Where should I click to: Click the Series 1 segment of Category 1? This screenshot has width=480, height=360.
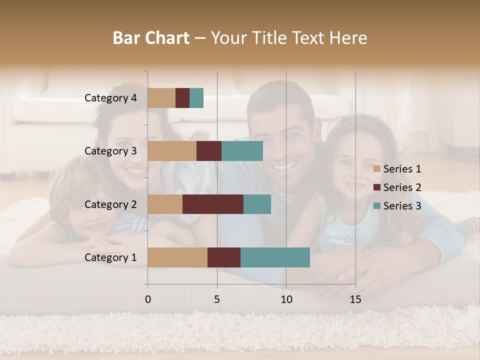point(177,257)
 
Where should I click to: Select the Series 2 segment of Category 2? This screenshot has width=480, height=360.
point(213,204)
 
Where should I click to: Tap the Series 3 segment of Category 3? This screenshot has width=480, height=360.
point(242,151)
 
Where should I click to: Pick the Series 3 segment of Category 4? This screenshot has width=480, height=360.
point(196,98)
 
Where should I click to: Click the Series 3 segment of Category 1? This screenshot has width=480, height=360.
point(275,257)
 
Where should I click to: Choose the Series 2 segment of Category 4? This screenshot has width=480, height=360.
point(182,98)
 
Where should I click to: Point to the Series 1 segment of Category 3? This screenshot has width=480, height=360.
point(172,151)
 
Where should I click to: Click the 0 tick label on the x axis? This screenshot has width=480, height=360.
point(148,299)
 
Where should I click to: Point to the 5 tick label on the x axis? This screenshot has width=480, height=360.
point(217,299)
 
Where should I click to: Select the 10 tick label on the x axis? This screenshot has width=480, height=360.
point(286,299)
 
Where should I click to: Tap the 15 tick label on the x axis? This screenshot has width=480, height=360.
point(355,299)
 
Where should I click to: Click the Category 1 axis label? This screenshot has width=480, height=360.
point(110,257)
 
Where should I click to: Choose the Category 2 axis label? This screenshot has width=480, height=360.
point(110,204)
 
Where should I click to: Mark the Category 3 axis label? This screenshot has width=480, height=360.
point(110,151)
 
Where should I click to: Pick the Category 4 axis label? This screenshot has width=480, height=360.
point(110,98)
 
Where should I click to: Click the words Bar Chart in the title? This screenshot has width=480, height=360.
point(151,38)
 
